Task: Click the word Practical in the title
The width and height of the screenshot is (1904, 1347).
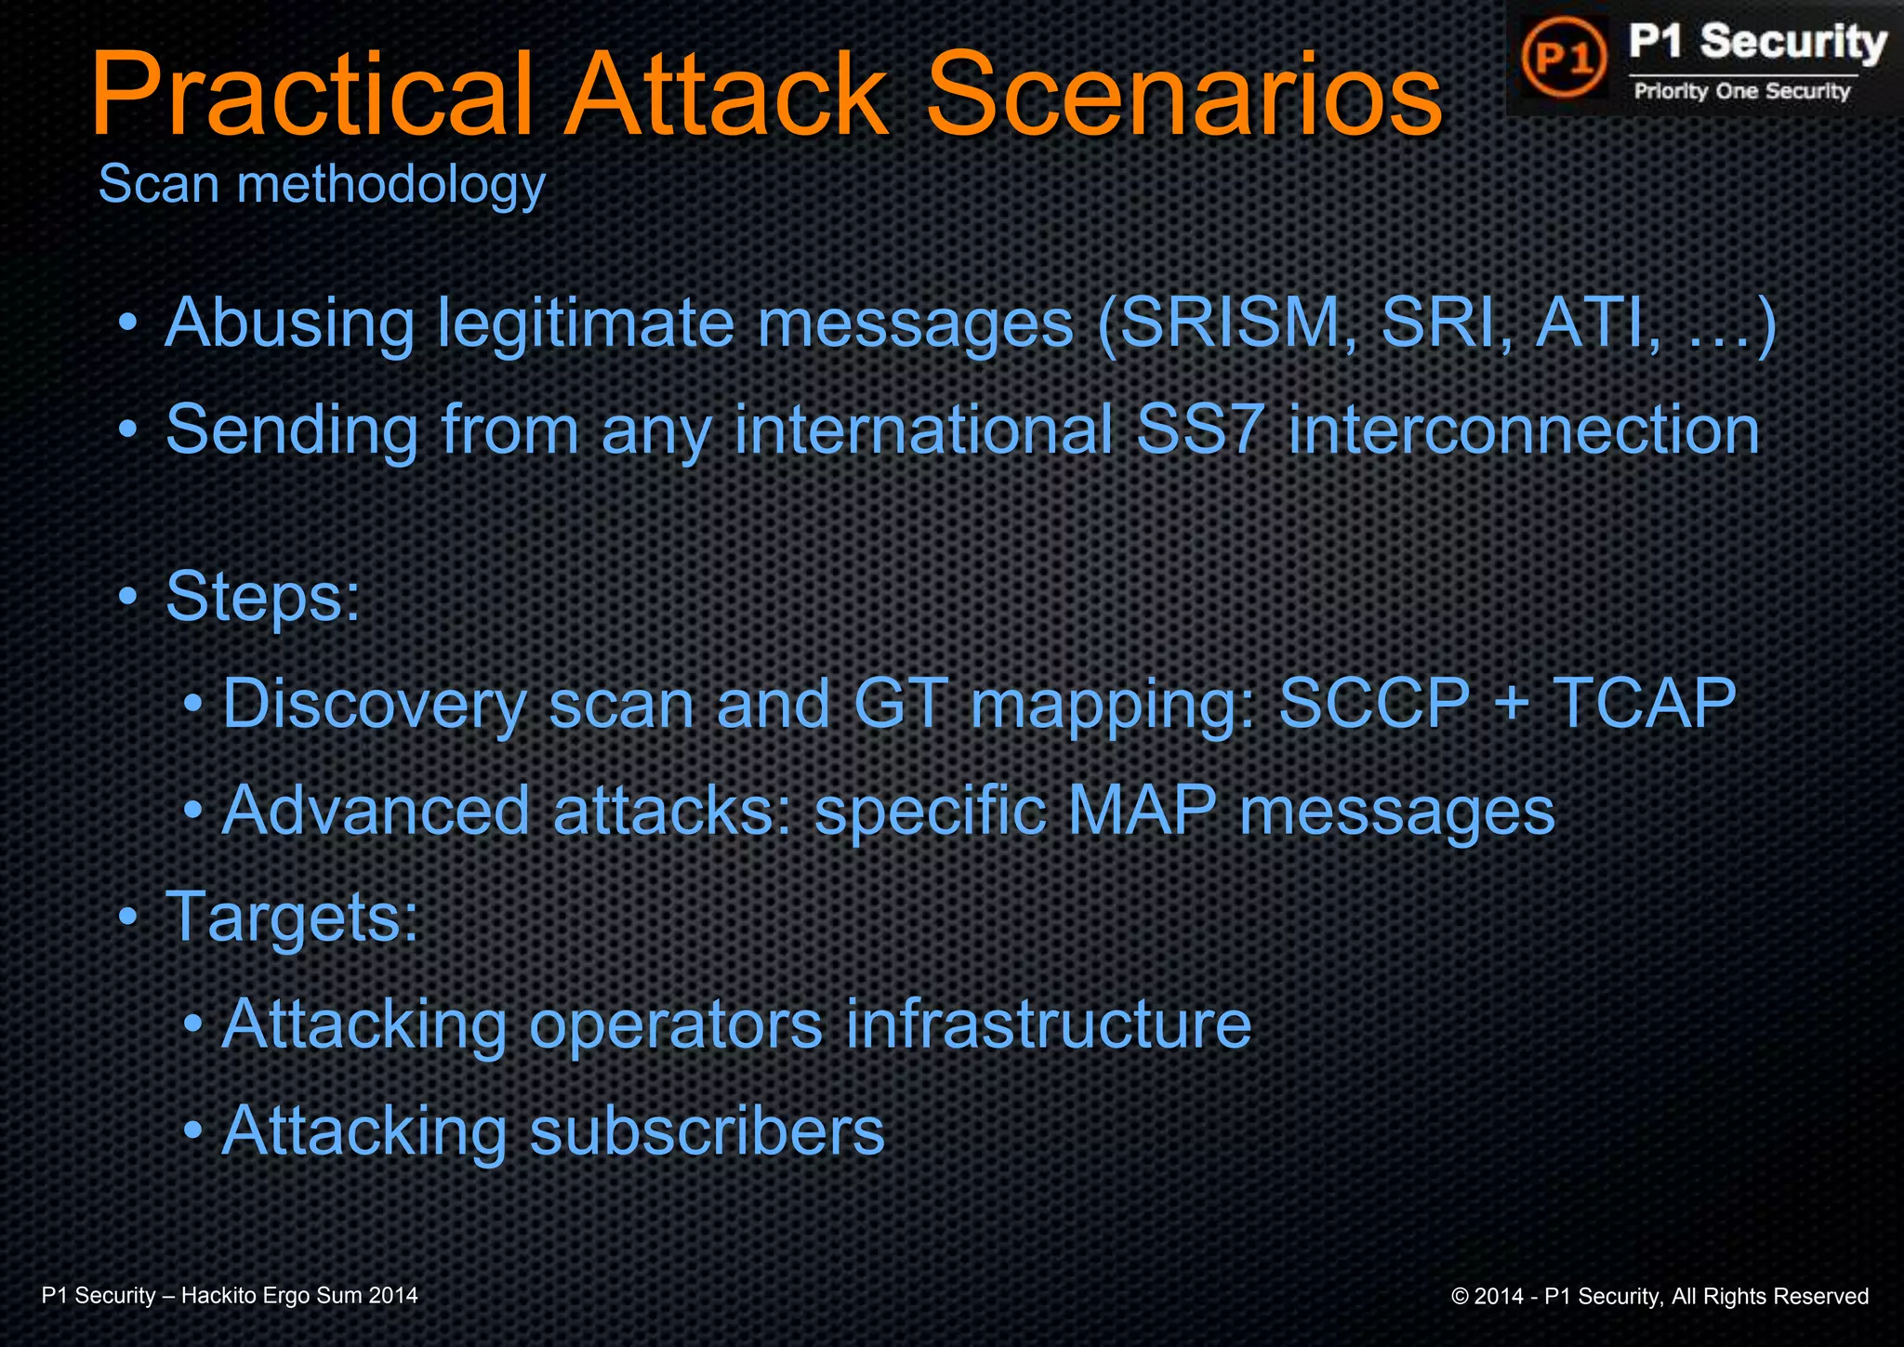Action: [312, 96]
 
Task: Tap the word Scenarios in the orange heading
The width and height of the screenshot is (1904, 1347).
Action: [1183, 96]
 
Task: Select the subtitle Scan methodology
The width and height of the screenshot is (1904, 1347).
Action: [321, 184]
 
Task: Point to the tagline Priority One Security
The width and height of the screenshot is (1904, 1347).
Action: [1742, 91]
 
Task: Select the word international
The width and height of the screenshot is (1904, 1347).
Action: [924, 429]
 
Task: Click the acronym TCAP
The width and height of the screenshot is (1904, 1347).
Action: [1644, 703]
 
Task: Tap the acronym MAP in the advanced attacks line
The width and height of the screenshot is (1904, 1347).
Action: [1142, 810]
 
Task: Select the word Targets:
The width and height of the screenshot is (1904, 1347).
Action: [292, 917]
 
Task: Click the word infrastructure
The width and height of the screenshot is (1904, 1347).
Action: [1048, 1023]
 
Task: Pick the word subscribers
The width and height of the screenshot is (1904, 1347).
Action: [707, 1130]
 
